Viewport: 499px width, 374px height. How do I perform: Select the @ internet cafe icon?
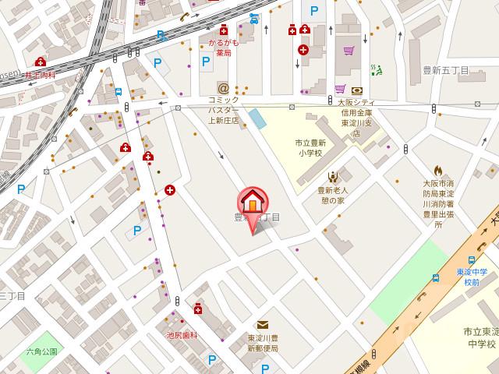223,89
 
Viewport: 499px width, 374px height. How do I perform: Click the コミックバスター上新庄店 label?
223,111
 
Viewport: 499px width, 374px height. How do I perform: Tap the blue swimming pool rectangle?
256,119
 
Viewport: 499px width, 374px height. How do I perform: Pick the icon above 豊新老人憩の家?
333,176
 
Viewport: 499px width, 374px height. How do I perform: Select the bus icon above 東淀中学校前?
472,259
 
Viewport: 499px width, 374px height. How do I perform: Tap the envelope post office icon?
263,325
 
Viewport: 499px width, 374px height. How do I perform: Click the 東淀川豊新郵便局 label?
263,344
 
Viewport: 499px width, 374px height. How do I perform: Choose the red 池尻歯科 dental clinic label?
182,334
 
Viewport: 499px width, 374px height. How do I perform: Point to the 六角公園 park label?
41,351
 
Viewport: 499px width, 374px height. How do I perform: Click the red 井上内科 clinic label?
41,75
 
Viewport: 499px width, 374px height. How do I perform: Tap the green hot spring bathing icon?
377,70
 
